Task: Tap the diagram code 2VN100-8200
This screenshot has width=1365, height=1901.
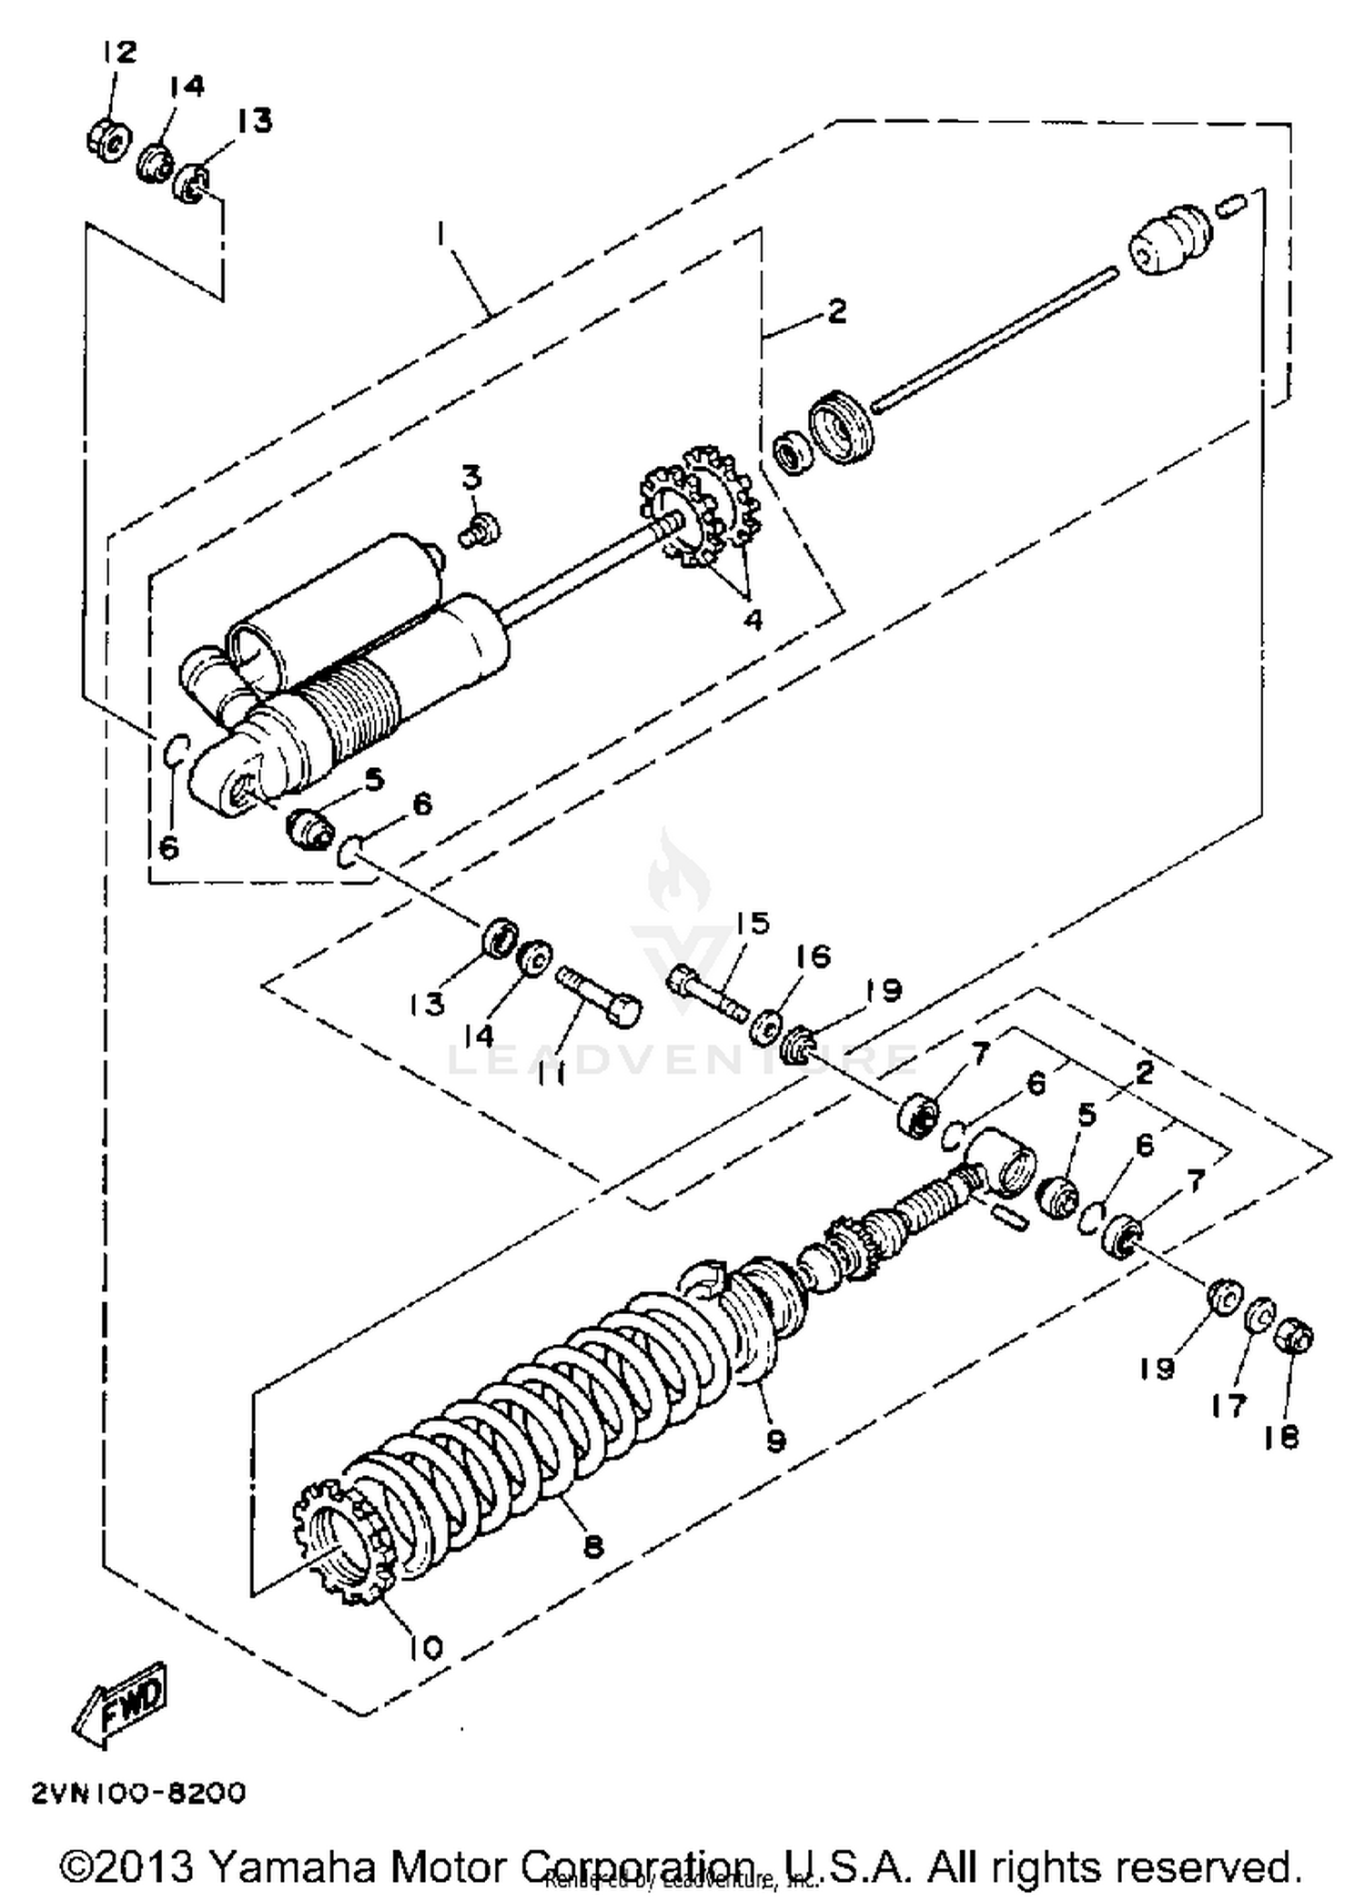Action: [138, 1793]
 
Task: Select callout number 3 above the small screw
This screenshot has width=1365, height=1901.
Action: [470, 477]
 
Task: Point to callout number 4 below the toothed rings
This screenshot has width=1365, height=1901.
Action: [752, 619]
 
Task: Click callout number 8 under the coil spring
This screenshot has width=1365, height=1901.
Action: [593, 1545]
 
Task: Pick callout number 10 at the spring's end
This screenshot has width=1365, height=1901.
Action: [424, 1645]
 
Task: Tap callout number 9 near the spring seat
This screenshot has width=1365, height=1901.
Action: [775, 1441]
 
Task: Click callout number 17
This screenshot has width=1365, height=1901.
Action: [1228, 1405]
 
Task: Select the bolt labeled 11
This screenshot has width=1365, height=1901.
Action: [599, 996]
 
